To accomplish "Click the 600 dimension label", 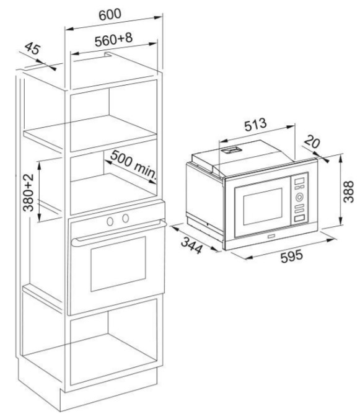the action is point(110,14).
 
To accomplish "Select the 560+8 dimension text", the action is point(113,39).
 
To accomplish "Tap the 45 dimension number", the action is point(33,48).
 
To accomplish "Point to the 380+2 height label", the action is point(29,192).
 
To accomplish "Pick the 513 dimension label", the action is point(255,125).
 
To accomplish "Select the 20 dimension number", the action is point(312,141).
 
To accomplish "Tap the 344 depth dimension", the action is point(191,245).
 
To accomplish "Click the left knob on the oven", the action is point(110,221).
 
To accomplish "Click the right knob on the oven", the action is point(126,218).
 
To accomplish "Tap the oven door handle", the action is point(119,232).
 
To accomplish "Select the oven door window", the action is point(118,264).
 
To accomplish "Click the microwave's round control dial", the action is point(299,196).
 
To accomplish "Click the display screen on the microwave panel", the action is point(299,182).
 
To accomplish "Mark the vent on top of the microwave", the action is point(232,150).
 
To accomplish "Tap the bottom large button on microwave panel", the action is point(299,218).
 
